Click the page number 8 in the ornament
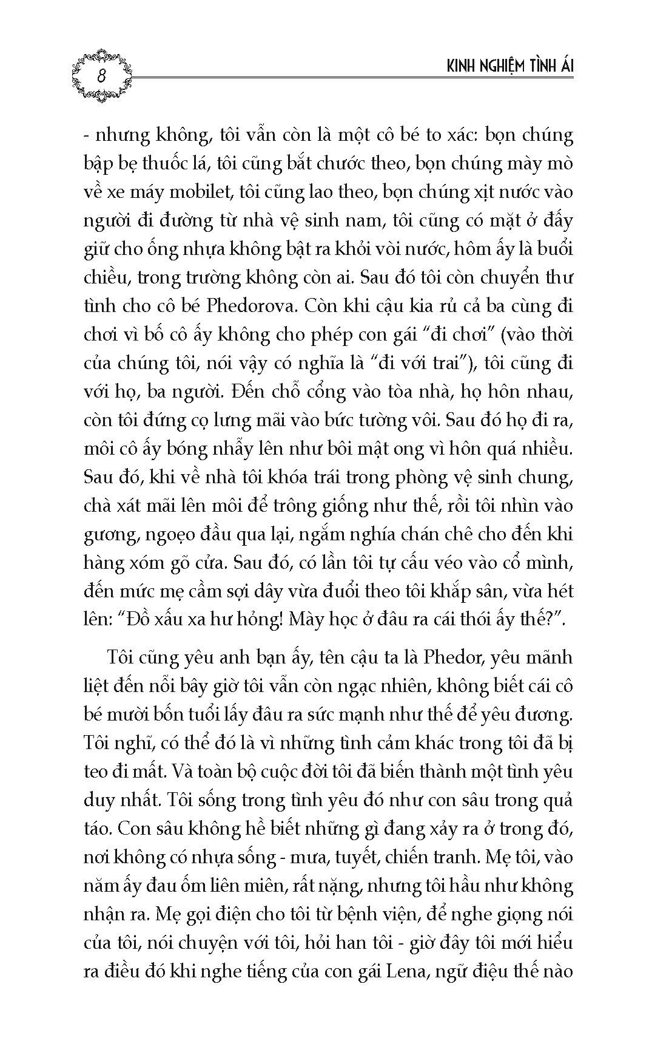101,76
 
